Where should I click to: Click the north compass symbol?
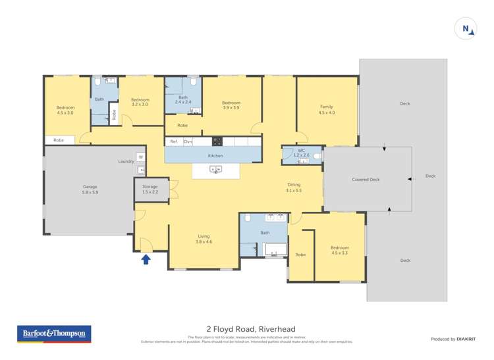(466, 28)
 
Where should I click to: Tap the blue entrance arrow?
(146, 259)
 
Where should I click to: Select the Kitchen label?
(215, 156)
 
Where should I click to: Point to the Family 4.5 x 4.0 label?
(327, 109)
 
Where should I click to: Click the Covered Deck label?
(366, 179)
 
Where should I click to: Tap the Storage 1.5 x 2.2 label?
(150, 190)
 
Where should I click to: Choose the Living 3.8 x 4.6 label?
(204, 239)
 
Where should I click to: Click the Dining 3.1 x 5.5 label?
(294, 188)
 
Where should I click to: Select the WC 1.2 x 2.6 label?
(301, 153)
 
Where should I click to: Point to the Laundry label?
(126, 161)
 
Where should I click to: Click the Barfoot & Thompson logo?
(54, 334)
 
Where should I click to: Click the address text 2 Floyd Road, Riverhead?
(251, 329)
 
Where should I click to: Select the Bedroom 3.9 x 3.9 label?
(231, 105)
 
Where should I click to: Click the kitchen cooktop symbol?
(217, 141)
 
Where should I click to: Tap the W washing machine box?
(140, 157)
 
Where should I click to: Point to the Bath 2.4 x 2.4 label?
(182, 99)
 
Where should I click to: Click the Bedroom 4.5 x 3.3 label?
(340, 250)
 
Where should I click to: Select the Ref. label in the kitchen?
(174, 141)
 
